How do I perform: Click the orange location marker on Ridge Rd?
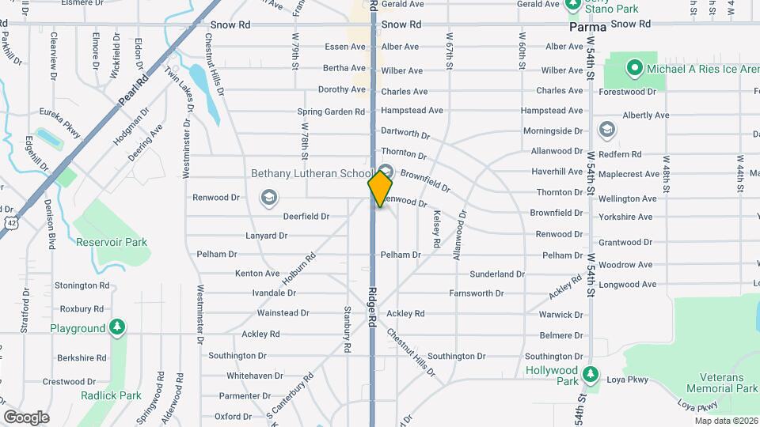pyautogui.click(x=380, y=188)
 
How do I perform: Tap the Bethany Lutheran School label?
pyautogui.click(x=311, y=173)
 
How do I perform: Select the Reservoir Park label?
pyautogui.click(x=112, y=242)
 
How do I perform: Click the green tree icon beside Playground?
pyautogui.click(x=117, y=327)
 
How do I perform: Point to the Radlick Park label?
pyautogui.click(x=111, y=395)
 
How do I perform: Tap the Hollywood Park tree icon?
pyautogui.click(x=589, y=374)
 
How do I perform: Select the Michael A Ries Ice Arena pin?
pyautogui.click(x=633, y=69)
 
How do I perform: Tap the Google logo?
pyautogui.click(x=26, y=417)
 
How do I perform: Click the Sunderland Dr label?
pyautogui.click(x=497, y=274)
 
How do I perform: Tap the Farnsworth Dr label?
pyautogui.click(x=477, y=293)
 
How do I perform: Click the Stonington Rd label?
pyautogui.click(x=82, y=285)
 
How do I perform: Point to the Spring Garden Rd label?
pyautogui.click(x=331, y=111)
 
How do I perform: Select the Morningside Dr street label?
pyautogui.click(x=553, y=131)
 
